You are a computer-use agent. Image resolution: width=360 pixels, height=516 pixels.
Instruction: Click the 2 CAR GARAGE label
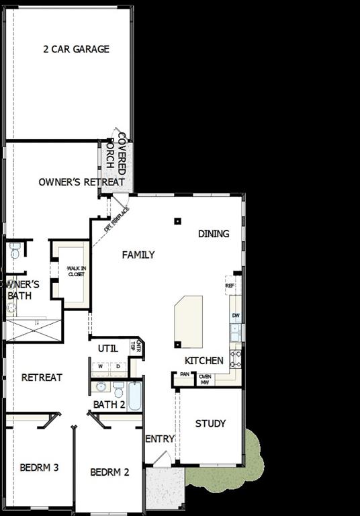(x=76, y=49)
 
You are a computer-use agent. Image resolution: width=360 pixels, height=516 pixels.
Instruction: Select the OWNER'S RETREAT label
(x=81, y=182)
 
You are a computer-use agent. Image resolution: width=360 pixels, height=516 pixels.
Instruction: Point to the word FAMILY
(x=138, y=255)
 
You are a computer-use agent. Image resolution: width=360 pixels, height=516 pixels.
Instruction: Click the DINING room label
(x=214, y=234)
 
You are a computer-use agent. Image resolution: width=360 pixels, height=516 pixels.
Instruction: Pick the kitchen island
(x=188, y=320)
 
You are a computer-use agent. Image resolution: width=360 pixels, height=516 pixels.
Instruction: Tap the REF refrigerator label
(x=230, y=286)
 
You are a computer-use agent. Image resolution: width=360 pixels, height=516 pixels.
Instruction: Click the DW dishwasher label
(x=235, y=315)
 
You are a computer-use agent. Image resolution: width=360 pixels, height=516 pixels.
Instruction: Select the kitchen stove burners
(x=236, y=358)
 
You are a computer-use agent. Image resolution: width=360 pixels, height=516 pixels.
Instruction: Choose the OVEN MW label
(x=205, y=379)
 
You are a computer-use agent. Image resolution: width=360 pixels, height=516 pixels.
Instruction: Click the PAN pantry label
(x=184, y=375)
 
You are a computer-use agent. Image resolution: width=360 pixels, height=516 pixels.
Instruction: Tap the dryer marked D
(x=118, y=366)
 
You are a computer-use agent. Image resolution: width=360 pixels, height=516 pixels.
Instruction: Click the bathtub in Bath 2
(x=134, y=396)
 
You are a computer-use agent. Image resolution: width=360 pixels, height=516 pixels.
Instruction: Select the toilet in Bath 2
(x=118, y=389)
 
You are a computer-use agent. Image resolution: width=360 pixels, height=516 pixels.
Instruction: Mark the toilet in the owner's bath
(x=15, y=253)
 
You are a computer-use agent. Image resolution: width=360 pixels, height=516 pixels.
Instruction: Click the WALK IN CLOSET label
(x=75, y=271)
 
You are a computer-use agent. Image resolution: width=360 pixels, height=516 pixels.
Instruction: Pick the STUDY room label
(x=210, y=423)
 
